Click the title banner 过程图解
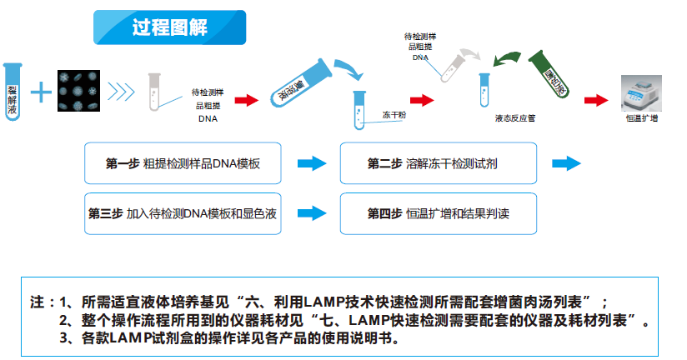pos(169,27)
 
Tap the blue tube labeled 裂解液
pos(12,90)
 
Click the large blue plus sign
pos(39,91)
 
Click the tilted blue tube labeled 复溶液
pos(298,81)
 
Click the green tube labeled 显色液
pos(551,77)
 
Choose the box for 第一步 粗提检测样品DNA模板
pos(183,163)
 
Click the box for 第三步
pos(183,213)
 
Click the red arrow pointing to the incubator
pos(596,99)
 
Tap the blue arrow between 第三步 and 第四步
pos(311,213)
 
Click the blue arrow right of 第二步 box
pos(566,163)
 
